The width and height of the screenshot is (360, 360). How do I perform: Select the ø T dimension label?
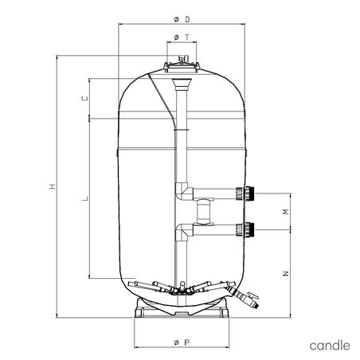click(182, 37)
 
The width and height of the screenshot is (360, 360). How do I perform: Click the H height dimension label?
click(52, 186)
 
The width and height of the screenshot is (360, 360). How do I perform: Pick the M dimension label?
click(286, 211)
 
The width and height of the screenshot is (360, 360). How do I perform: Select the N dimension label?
click(286, 273)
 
